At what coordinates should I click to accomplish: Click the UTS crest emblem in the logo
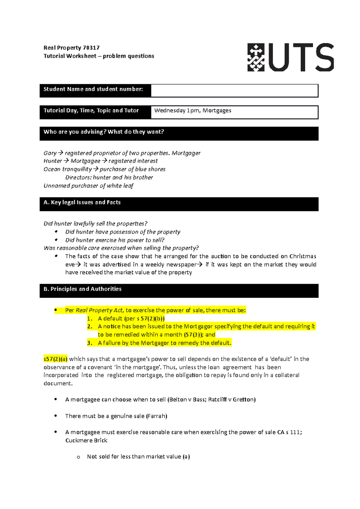click(x=256, y=57)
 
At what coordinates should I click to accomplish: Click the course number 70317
click(x=91, y=48)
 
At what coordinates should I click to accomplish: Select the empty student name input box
click(x=234, y=91)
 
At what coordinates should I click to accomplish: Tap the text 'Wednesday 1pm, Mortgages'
click(x=193, y=110)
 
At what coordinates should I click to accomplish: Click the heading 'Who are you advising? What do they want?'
click(x=103, y=132)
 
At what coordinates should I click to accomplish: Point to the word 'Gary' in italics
click(x=50, y=153)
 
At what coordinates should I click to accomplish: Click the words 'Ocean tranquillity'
click(x=68, y=169)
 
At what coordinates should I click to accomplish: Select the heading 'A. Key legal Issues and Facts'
click(x=82, y=202)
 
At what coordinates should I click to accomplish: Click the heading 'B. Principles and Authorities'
click(x=82, y=289)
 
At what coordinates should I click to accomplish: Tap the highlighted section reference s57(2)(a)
click(x=55, y=359)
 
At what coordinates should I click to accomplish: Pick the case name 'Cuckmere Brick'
click(x=86, y=440)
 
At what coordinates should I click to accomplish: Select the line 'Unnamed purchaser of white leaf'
click(x=88, y=186)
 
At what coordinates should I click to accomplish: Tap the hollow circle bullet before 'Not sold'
click(x=78, y=457)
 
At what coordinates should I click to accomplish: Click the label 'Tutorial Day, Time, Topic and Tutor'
click(x=91, y=110)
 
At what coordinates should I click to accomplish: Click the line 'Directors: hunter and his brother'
click(x=109, y=177)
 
